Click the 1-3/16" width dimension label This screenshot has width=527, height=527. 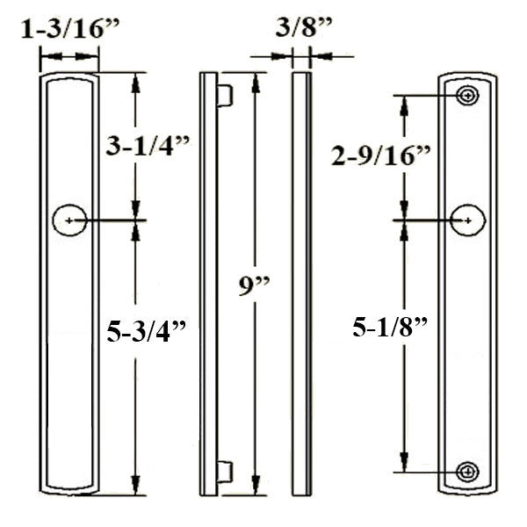(69, 29)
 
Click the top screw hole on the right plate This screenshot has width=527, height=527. (468, 95)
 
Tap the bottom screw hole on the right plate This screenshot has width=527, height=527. (468, 472)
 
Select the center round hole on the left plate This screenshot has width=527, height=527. (69, 220)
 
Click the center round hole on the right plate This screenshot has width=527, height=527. (468, 219)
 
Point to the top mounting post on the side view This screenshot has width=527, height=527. (225, 95)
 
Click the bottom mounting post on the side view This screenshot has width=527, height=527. (225, 472)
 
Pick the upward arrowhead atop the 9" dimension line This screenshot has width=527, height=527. (256, 80)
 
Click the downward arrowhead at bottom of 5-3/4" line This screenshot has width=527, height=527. (135, 488)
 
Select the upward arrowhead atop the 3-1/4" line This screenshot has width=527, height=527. (135, 80)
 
